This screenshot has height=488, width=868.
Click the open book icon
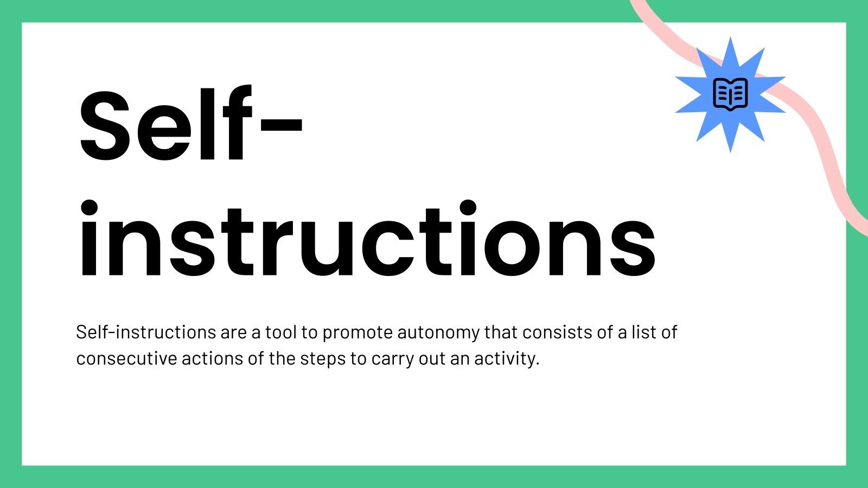point(730,94)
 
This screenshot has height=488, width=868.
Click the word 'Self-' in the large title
point(190,125)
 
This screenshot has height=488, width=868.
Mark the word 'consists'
point(557,332)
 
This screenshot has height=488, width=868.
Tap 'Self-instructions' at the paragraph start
point(146,332)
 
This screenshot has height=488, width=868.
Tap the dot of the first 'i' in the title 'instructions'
point(89,209)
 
